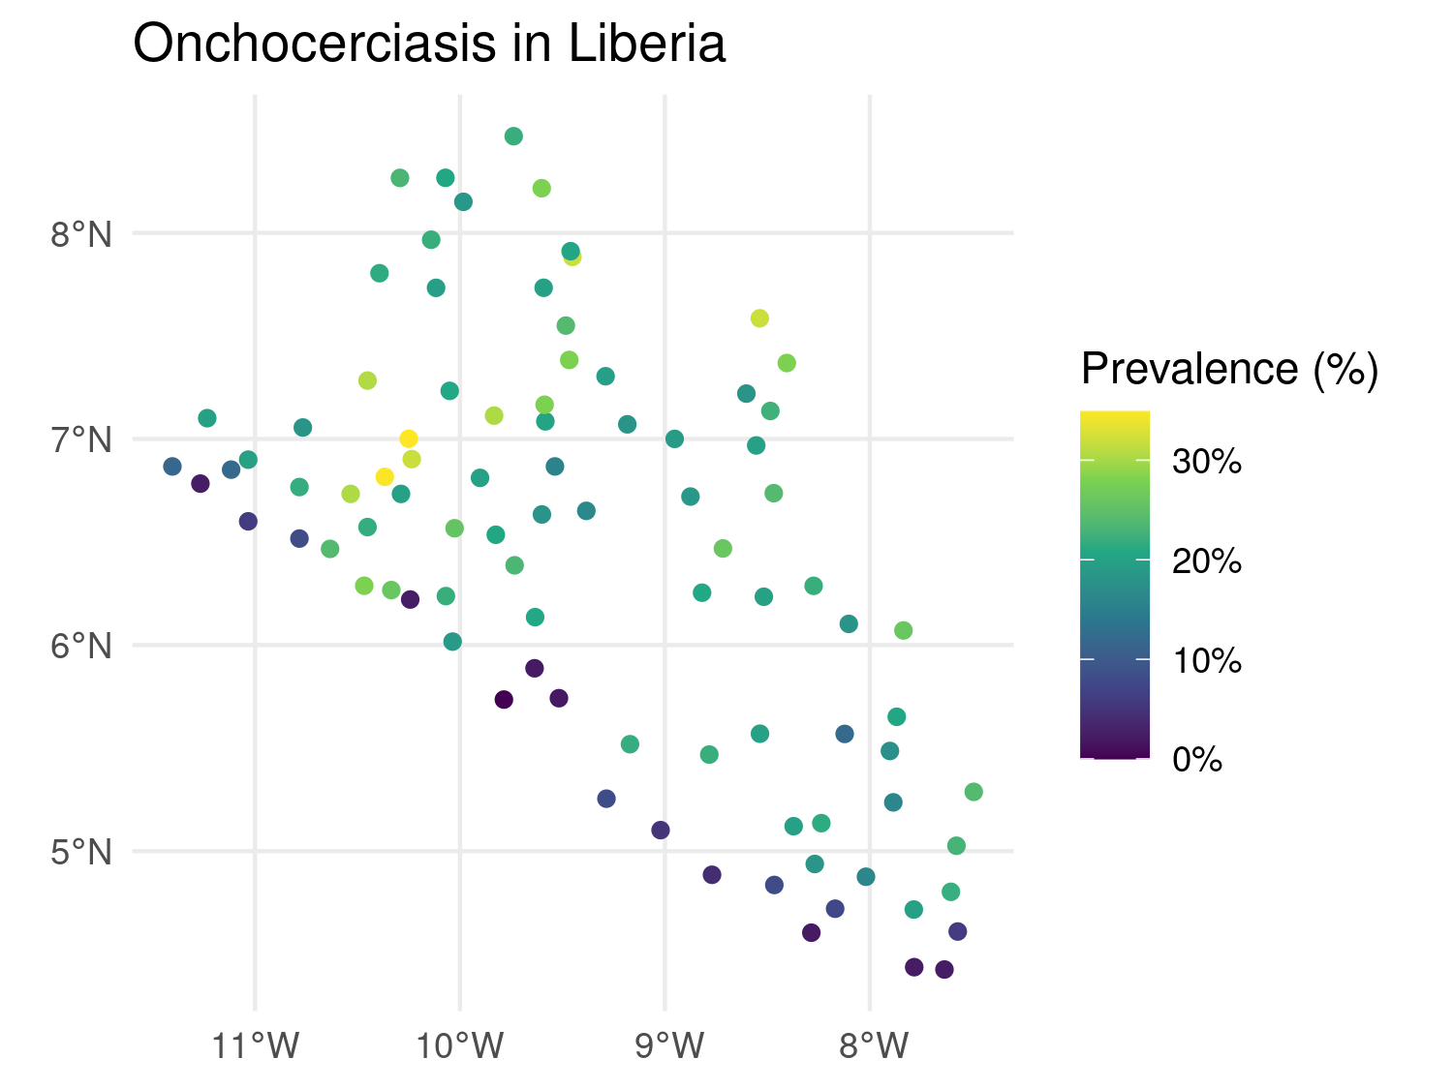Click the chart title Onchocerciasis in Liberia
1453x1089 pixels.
coord(428,45)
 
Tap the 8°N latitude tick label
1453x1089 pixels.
coord(82,234)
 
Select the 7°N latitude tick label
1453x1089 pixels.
coord(82,440)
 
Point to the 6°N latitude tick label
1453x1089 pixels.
coord(82,646)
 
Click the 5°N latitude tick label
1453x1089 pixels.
coord(82,853)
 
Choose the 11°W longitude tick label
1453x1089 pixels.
coord(256,1046)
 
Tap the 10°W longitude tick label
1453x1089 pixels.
coord(460,1046)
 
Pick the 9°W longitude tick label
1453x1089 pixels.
coord(665,1046)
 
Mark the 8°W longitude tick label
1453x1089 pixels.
coord(870,1046)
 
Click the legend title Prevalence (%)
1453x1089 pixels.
coord(1229,369)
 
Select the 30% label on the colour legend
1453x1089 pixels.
coord(1206,462)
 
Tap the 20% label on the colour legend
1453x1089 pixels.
coord(1206,561)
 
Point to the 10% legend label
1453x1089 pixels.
coord(1206,661)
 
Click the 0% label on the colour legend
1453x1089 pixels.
coord(1197,760)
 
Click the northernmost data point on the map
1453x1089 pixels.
coord(513,136)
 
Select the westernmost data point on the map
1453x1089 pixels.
coord(172,467)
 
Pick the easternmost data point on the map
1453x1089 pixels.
coord(974,792)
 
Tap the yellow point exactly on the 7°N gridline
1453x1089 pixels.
coord(409,439)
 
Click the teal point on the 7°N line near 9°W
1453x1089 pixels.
coord(674,439)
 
